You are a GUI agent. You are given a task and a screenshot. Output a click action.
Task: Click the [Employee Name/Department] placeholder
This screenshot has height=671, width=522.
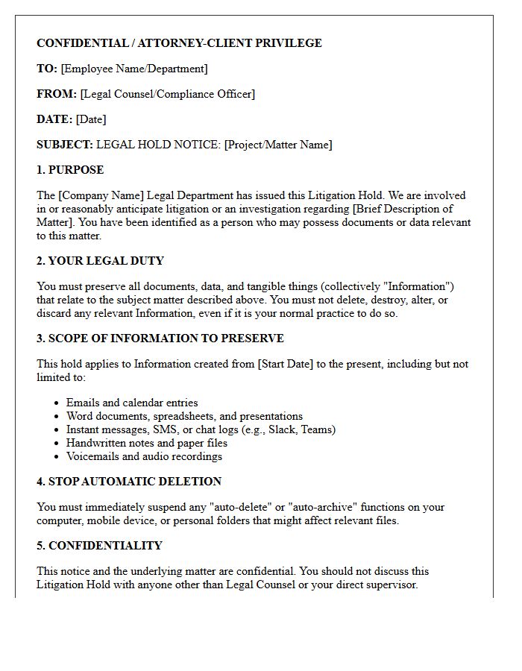click(134, 69)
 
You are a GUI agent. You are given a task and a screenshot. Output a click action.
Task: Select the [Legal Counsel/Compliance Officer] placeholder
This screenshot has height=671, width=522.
click(168, 94)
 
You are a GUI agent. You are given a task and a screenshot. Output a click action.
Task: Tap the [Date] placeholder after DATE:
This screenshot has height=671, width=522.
click(91, 119)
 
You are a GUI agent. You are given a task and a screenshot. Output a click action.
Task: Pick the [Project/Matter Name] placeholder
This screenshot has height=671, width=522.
click(278, 145)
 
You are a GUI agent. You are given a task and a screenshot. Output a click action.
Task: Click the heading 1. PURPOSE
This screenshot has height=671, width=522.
click(70, 170)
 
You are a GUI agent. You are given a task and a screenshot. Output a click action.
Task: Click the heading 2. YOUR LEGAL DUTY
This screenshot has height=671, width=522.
click(100, 261)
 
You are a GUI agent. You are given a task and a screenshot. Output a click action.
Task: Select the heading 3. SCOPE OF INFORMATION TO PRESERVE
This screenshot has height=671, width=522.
click(160, 338)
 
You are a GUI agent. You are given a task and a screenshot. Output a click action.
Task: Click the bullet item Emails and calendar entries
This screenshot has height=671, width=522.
click(132, 403)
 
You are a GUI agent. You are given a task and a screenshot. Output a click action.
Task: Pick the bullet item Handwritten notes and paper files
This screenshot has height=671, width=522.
click(147, 443)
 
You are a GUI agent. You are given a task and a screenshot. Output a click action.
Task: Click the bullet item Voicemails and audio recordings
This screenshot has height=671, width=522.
click(144, 456)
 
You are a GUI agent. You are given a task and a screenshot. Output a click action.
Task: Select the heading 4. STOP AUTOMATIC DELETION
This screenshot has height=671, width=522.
click(129, 482)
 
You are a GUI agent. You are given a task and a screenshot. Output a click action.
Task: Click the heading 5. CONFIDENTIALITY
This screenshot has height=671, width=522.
click(99, 546)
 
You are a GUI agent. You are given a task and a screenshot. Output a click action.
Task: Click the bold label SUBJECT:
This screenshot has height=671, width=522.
click(65, 145)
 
